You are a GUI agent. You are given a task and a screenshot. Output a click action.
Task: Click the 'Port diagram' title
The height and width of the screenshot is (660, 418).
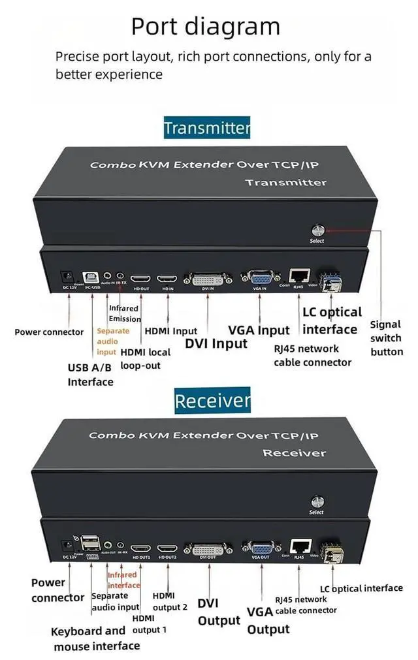point(205,26)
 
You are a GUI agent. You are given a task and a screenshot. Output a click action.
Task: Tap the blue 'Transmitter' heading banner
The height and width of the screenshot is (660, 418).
point(207,127)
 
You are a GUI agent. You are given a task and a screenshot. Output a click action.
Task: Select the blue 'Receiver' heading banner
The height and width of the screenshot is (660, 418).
point(212,400)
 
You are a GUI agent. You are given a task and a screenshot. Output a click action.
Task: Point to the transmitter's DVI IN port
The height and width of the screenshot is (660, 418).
point(208,279)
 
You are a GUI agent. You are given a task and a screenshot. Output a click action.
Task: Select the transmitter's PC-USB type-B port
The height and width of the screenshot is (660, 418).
point(91,277)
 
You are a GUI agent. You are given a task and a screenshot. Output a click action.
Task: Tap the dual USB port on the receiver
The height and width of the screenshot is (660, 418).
point(91,544)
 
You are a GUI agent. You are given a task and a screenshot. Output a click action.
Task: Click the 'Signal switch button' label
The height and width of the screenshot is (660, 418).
point(387,338)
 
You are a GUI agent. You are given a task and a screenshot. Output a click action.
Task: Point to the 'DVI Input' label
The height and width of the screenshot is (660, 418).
point(216,343)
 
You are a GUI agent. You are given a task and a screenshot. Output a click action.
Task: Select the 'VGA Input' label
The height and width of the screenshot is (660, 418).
point(259,330)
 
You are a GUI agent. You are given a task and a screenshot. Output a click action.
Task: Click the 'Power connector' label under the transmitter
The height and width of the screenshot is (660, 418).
point(49,332)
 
